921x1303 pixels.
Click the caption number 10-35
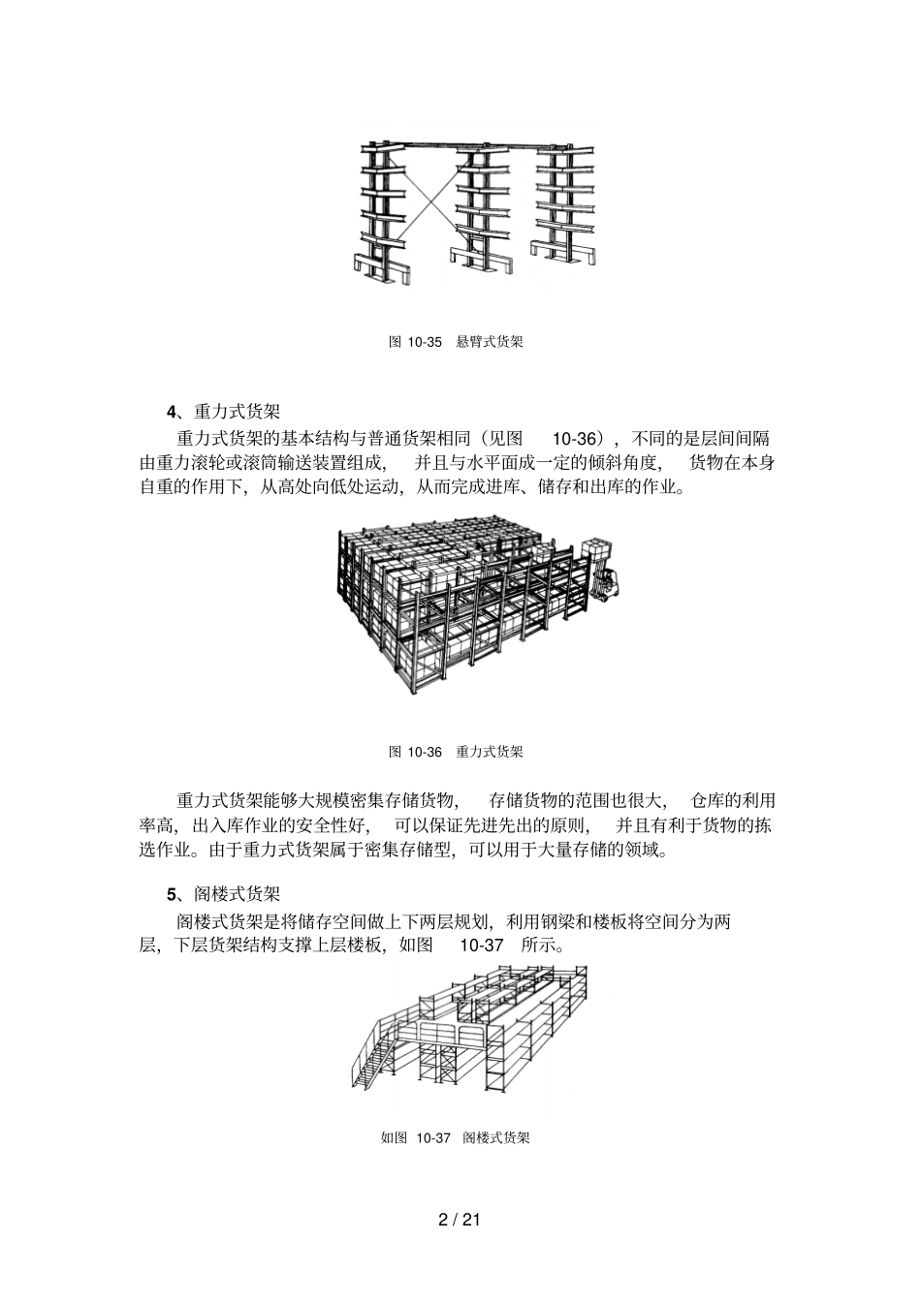click(x=425, y=342)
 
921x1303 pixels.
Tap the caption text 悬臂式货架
click(x=490, y=342)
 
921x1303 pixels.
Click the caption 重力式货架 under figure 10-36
click(x=490, y=752)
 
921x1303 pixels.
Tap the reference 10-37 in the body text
click(x=481, y=945)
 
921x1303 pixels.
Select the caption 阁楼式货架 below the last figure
click(x=496, y=1137)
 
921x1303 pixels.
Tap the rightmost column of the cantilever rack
click(x=560, y=203)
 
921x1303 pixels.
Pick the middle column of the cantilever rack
click(x=477, y=208)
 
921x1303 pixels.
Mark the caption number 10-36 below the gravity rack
click(x=425, y=752)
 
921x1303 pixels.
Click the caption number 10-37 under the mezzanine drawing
click(x=433, y=1137)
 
